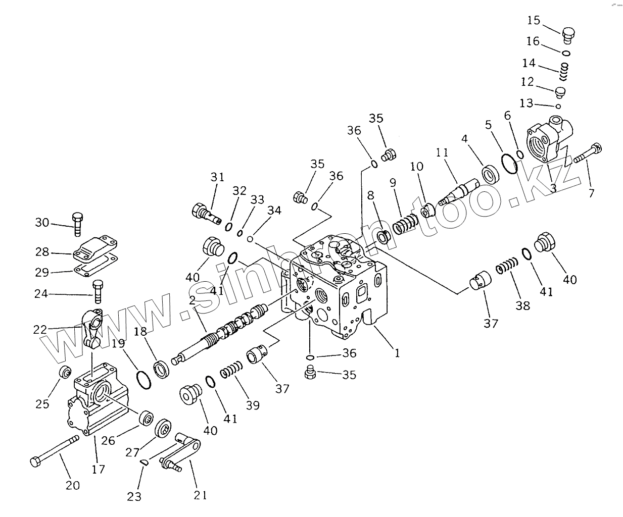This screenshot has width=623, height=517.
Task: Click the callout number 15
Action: tap(534, 21)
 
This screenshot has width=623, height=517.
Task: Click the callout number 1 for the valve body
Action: tap(397, 353)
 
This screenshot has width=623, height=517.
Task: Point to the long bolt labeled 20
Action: tap(55, 450)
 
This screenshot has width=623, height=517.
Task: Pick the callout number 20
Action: tap(73, 485)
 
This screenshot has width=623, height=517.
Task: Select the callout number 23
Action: tap(134, 497)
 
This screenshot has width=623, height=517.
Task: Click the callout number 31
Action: tap(217, 177)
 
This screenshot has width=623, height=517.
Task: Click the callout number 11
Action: tap(442, 152)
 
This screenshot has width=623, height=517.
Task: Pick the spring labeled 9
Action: tap(406, 223)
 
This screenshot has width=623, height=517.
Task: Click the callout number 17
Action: tap(99, 469)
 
